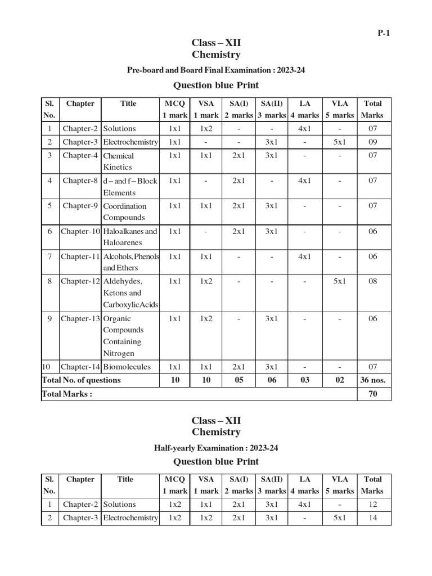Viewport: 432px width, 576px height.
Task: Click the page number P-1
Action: (384, 33)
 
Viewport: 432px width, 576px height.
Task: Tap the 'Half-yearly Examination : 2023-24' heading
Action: (216, 448)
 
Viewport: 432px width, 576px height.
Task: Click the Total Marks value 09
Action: (372, 142)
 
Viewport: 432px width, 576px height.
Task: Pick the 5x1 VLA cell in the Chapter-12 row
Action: (339, 281)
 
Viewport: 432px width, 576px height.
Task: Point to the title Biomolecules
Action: (127, 367)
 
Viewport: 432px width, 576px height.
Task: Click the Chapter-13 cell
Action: (80, 319)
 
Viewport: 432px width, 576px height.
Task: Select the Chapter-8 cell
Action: (80, 181)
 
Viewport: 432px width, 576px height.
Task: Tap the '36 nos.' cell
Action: (372, 380)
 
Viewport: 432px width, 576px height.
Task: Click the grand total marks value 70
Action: (372, 394)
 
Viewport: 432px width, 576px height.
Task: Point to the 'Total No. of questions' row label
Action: (82, 380)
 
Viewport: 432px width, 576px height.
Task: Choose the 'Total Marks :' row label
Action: (67, 394)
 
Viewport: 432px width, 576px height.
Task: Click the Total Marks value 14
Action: (372, 518)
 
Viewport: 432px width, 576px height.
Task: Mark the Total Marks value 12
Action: (372, 505)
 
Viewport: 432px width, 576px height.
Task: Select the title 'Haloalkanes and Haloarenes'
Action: (130, 237)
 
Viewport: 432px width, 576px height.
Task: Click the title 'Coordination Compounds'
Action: (124, 211)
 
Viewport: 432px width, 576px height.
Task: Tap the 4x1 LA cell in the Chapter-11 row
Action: (304, 256)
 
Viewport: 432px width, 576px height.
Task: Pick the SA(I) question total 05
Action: (238, 380)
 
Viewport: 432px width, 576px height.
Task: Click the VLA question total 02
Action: (339, 380)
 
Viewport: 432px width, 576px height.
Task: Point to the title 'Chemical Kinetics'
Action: (118, 161)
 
